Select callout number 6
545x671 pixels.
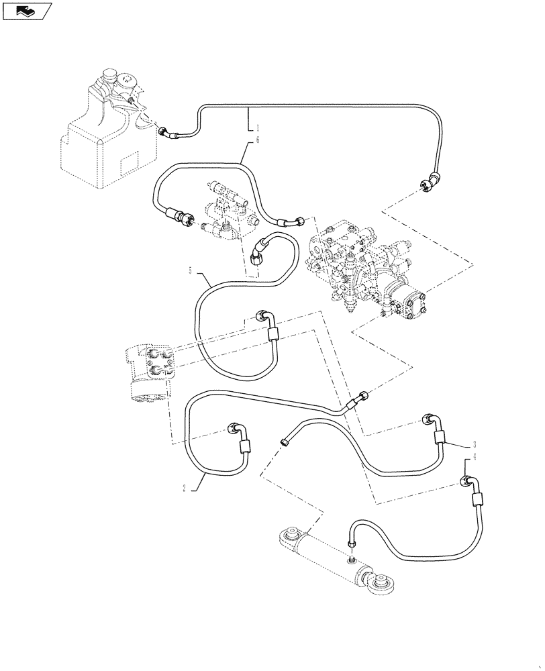(257, 141)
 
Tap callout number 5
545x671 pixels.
(191, 271)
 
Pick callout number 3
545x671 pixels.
(474, 444)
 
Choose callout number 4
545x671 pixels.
(474, 457)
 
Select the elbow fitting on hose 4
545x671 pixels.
(470, 482)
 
